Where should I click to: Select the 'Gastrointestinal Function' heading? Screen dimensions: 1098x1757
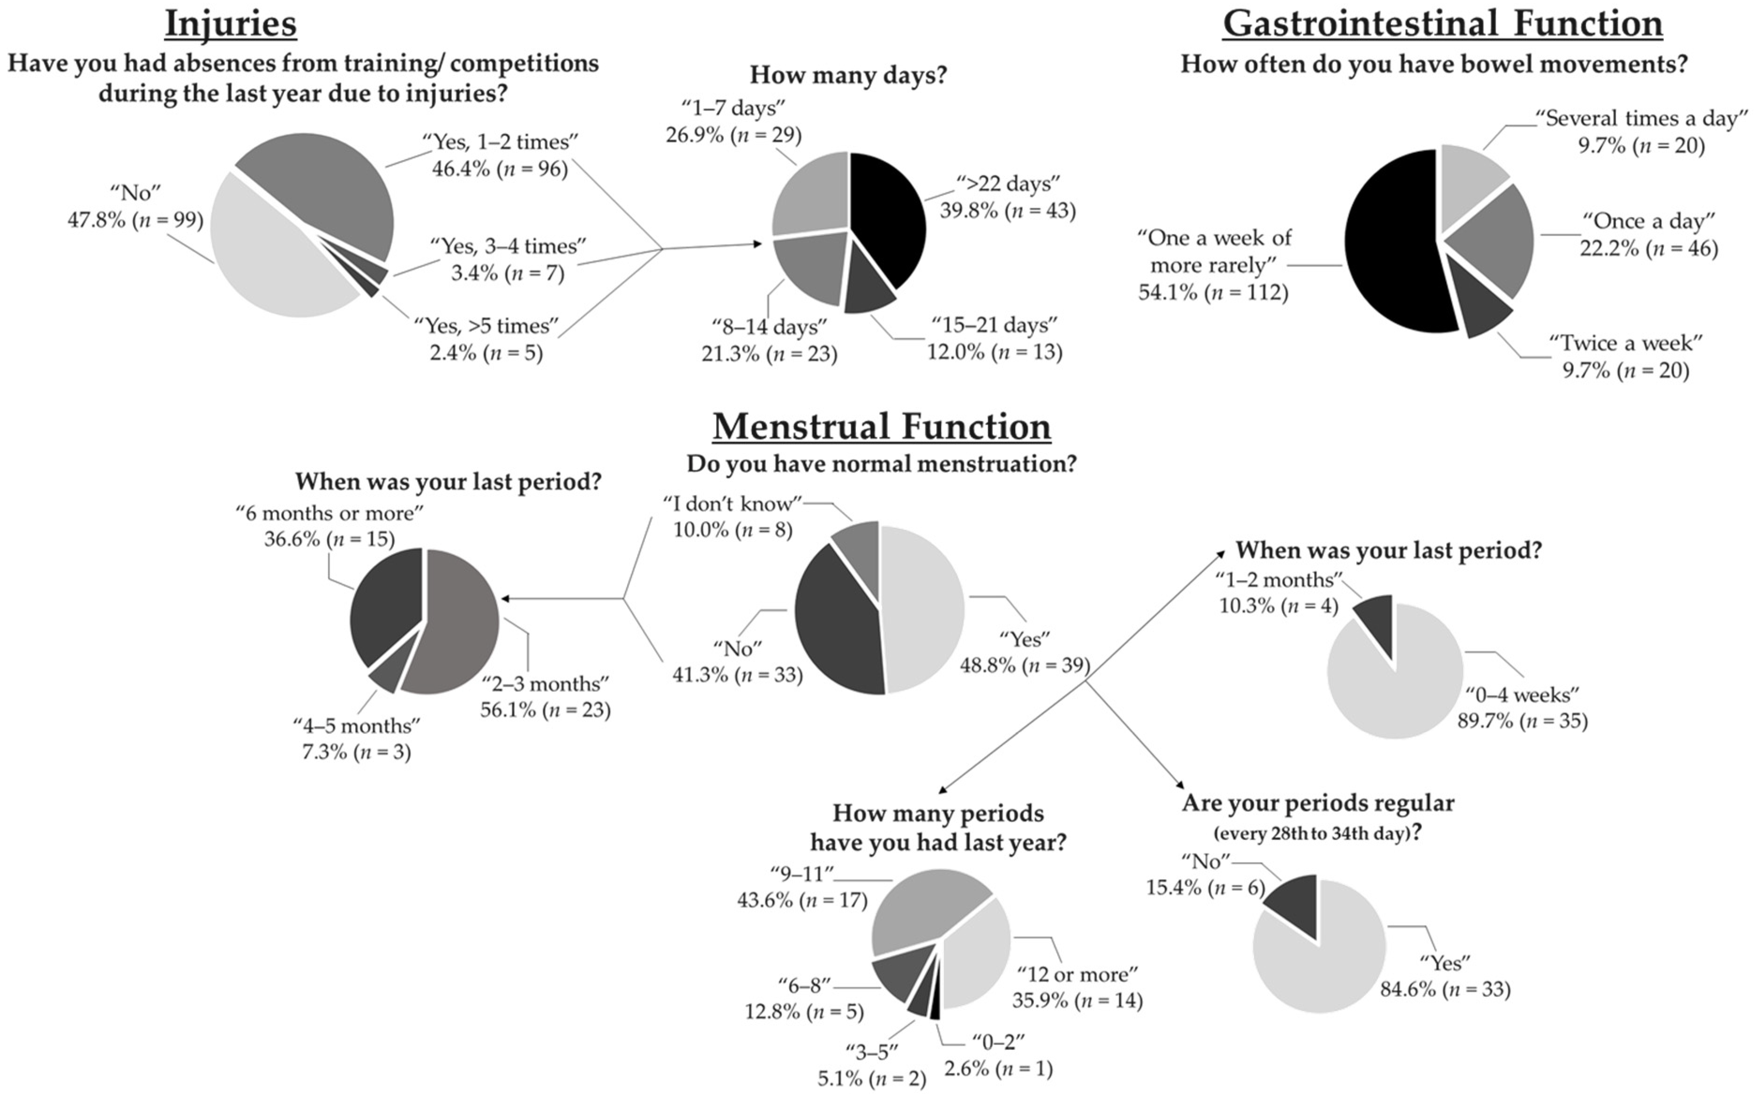pyautogui.click(x=1443, y=23)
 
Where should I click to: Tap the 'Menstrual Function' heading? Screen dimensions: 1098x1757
pyautogui.click(x=881, y=426)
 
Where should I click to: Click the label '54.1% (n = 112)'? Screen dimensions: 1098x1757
pyautogui.click(x=1213, y=293)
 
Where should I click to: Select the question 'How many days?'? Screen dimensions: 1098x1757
pyautogui.click(x=848, y=75)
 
